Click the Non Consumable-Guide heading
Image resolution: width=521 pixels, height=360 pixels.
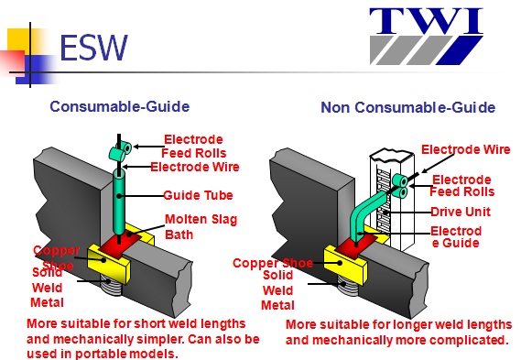click(407, 107)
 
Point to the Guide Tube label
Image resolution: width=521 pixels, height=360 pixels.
click(198, 195)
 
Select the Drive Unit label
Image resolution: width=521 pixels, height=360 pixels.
click(460, 212)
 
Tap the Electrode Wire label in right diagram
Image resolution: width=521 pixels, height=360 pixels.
click(464, 149)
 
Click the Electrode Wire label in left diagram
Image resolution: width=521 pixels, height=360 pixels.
click(194, 167)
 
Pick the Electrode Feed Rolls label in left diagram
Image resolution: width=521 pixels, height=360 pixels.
click(193, 147)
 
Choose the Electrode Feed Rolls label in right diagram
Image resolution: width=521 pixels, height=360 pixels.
click(462, 186)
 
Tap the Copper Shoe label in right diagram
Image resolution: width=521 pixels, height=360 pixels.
click(272, 264)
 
